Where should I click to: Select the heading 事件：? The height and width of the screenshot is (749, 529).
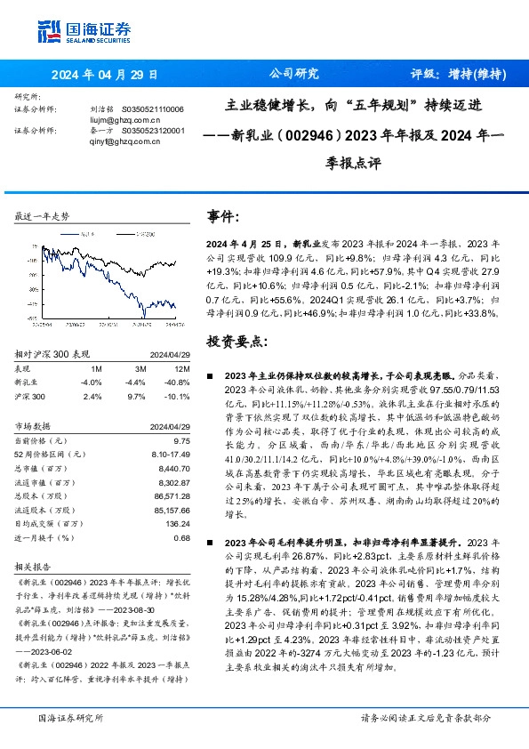point(223,216)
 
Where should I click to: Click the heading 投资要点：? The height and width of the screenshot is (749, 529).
point(231,341)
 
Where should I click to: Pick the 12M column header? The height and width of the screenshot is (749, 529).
point(181,368)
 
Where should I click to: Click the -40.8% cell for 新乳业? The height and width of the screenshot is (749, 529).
point(180,381)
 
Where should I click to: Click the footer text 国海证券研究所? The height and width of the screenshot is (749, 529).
point(71,718)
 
